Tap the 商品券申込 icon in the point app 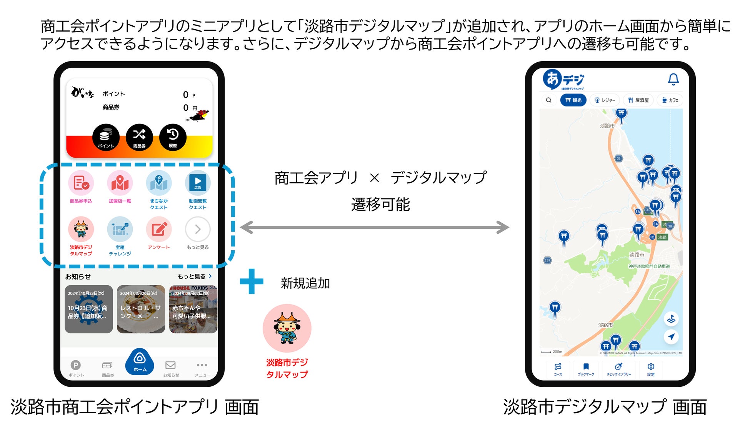point(81,183)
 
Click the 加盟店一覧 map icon point(120,183)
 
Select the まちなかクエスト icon point(159,183)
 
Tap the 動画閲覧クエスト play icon point(198,183)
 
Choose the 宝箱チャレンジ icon point(120,230)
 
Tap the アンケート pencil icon point(159,230)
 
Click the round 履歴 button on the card point(173,137)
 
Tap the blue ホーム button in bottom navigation point(140,362)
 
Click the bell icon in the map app point(673,79)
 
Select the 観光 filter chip point(573,100)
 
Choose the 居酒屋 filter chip point(638,100)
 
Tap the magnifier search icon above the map point(549,100)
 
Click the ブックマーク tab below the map point(586,369)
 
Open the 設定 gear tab point(651,369)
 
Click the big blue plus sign point(252,281)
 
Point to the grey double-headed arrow point(375,227)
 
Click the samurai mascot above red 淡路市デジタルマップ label point(287,328)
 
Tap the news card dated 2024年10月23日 point(88,309)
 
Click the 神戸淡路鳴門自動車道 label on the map point(649,266)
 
